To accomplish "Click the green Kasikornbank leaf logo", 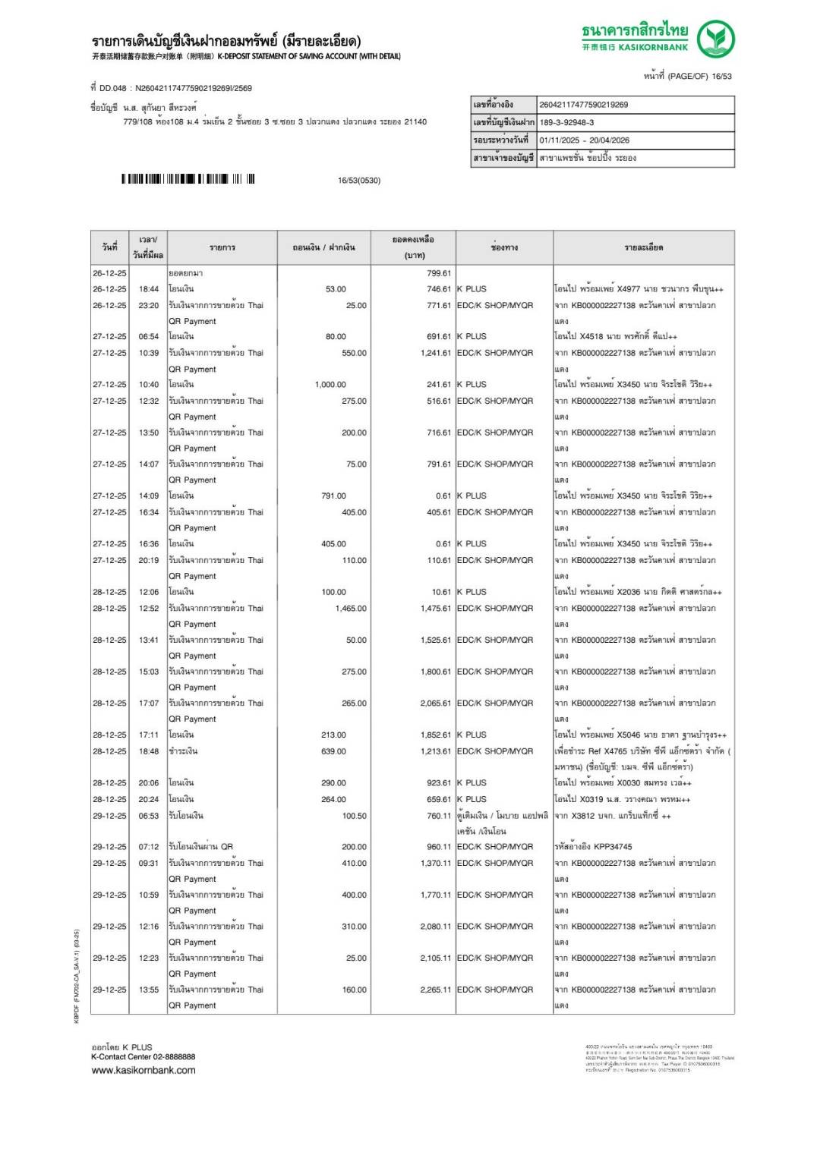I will pos(715,39).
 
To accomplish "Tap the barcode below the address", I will pos(188,179).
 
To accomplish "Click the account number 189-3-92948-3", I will pos(566,122).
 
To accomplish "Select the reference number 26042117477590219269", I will pos(583,105).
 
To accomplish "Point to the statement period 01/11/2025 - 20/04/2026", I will pos(584,140).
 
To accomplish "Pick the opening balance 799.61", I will pos(438,273).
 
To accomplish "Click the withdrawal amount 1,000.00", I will pos(330,385).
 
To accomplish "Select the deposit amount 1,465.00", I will pos(351,609).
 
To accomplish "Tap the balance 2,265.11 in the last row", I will pos(435,990).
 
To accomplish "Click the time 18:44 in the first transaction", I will pos(149,289).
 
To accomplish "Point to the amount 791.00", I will pos(333,496).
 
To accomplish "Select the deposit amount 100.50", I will pos(354,816).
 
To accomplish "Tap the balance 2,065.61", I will pos(435,703).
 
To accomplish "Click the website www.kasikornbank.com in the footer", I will pos(144,1070).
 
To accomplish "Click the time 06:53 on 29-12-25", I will pos(149,816).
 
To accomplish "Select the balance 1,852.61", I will pos(435,735).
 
